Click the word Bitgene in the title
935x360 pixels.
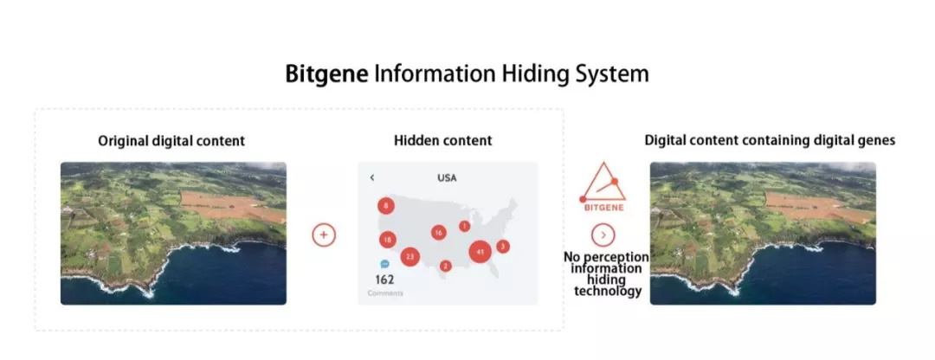pyautogui.click(x=327, y=74)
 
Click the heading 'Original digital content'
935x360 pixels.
pyautogui.click(x=171, y=140)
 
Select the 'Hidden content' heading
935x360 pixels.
pyautogui.click(x=442, y=140)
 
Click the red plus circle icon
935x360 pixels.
pyautogui.click(x=324, y=234)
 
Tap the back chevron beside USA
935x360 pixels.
pyautogui.click(x=372, y=177)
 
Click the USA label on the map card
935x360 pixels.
pyautogui.click(x=447, y=177)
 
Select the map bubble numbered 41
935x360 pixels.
pyautogui.click(x=480, y=252)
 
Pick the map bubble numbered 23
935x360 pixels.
pyautogui.click(x=410, y=256)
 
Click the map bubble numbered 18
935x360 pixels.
pyautogui.click(x=387, y=240)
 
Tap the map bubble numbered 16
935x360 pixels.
pyautogui.click(x=439, y=232)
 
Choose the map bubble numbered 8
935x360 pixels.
pyautogui.click(x=386, y=206)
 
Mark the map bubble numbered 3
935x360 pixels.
pyautogui.click(x=503, y=247)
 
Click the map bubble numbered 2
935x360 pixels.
pyautogui.click(x=445, y=266)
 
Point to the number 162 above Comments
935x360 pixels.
pyautogui.click(x=384, y=280)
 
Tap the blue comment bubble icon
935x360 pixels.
pyautogui.click(x=384, y=263)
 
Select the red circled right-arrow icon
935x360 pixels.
pyautogui.click(x=603, y=234)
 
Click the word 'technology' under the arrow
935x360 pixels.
pyautogui.click(x=608, y=292)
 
